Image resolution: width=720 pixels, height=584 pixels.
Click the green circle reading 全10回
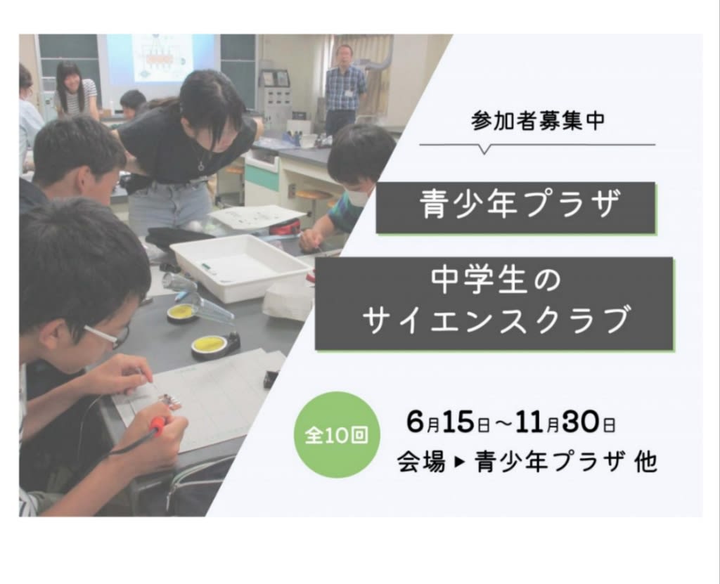[x=337, y=434]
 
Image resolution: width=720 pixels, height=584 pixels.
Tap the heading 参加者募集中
[x=538, y=121]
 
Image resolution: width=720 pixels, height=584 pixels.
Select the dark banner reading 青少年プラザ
[x=515, y=208]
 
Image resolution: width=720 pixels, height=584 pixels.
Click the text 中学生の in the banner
[x=496, y=281]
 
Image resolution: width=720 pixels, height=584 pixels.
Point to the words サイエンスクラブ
[x=496, y=320]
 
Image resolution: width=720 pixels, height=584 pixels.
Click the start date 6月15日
[x=448, y=422]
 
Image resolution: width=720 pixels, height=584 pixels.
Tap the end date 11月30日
[x=565, y=422]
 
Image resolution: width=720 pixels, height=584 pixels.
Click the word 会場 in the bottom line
[x=421, y=461]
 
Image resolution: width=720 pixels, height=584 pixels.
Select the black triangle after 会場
[x=460, y=462]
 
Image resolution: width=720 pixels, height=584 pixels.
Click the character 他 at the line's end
[x=645, y=462]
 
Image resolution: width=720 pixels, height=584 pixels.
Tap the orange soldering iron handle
[x=157, y=426]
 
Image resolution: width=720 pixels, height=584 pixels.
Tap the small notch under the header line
[x=484, y=149]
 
